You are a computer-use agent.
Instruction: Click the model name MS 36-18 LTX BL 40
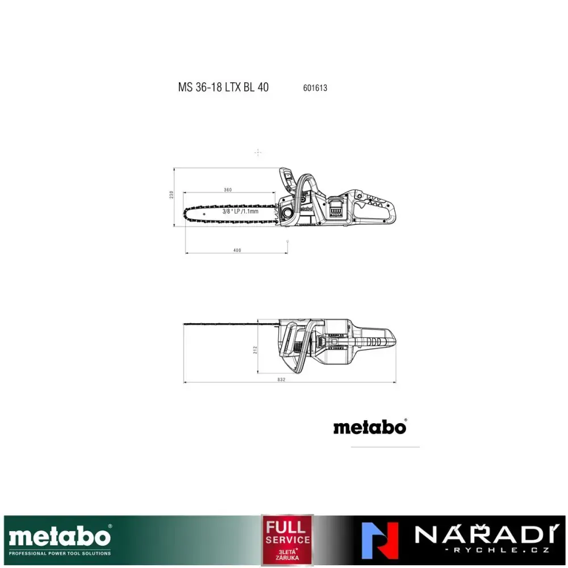tap(223, 87)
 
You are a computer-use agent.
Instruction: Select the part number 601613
tap(315, 88)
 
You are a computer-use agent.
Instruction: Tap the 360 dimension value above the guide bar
tap(228, 189)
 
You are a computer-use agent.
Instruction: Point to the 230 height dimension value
tap(171, 194)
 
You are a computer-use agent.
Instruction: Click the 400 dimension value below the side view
tap(237, 250)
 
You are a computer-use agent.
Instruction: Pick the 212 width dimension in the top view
tap(256, 350)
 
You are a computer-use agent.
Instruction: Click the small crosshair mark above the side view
tap(258, 152)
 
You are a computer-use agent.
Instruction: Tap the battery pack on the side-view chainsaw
tap(336, 209)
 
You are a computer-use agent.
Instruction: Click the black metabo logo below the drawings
tap(370, 427)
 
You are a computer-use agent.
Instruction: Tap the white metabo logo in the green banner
tap(59, 536)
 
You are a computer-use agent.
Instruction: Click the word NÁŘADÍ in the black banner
tap(482, 534)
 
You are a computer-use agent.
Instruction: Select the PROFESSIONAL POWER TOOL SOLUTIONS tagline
tap(60, 553)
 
